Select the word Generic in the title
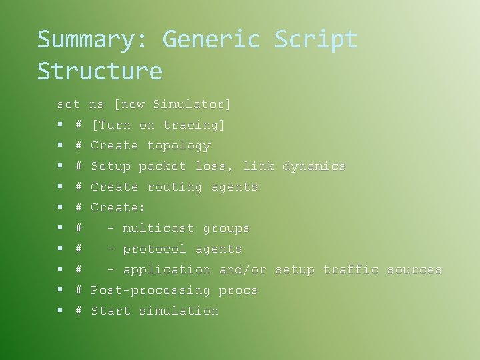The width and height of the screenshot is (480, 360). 211,40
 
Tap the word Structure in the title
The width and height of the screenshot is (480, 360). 100,71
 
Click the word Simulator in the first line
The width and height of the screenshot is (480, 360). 191,104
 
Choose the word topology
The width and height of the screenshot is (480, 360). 179,146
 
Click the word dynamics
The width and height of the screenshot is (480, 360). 314,167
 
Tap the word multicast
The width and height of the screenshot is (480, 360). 159,229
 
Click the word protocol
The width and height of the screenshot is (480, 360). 155,249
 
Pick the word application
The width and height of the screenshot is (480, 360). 167,270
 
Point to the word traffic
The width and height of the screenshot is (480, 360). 351,270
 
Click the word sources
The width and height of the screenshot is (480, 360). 414,270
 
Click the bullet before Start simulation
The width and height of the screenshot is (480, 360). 60,311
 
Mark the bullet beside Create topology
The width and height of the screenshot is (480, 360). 60,146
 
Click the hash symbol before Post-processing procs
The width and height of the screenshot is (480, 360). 79,291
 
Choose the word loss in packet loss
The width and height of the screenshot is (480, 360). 211,167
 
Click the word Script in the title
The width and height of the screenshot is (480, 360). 316,40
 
